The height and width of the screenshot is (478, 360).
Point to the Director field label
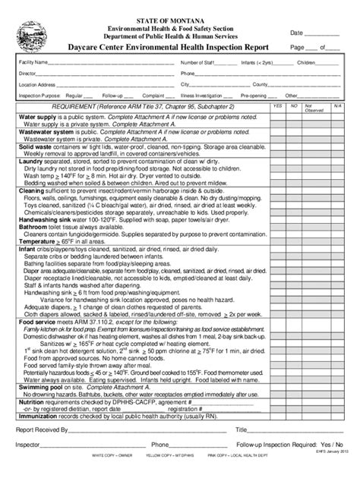coord(28,74)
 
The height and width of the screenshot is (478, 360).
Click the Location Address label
coord(37,85)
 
